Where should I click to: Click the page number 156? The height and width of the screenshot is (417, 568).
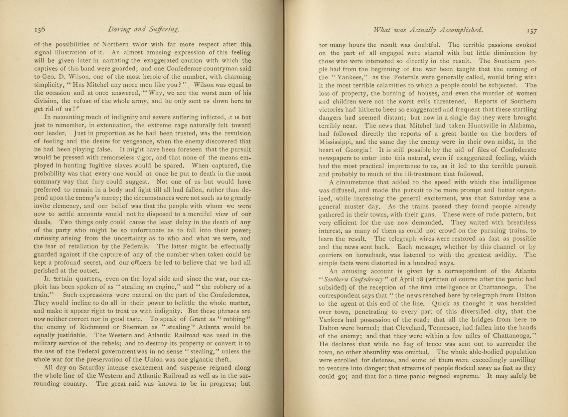pyautogui.click(x=40, y=30)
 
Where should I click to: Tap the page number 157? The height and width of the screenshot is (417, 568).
pyautogui.click(x=531, y=31)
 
